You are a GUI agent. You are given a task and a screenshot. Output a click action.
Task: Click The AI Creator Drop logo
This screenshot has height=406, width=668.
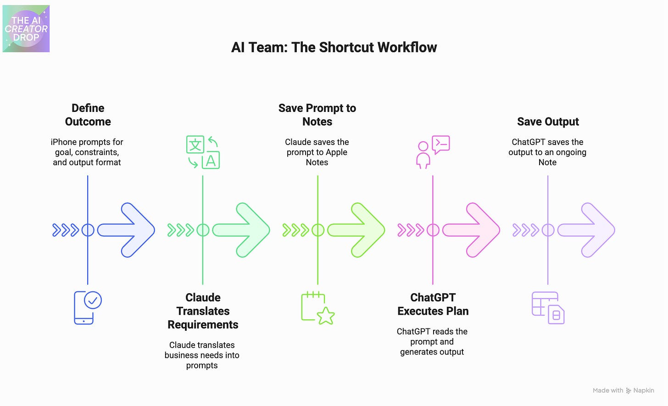coord(26,29)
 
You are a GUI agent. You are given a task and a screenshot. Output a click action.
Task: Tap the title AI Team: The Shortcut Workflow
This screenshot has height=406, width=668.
coord(334,47)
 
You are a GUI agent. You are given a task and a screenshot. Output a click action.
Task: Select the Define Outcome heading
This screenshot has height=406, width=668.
coord(88,115)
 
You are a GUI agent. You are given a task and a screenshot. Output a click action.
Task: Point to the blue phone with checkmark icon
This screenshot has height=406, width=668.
coord(88,307)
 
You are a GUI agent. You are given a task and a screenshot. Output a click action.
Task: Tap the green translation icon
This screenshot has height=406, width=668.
coord(203,152)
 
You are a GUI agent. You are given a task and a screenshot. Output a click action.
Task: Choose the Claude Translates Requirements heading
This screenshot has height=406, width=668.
coord(203,311)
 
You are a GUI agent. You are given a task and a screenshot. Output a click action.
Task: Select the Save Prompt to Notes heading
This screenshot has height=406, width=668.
coord(317,115)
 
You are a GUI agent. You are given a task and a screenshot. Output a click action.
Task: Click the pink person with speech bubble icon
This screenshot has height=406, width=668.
coord(433,152)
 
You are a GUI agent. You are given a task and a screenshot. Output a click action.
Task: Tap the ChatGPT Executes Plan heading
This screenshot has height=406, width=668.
coord(433,304)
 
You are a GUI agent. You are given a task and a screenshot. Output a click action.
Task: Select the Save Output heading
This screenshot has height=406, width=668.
coord(548,122)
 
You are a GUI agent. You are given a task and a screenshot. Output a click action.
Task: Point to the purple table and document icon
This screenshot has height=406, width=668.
coord(548,308)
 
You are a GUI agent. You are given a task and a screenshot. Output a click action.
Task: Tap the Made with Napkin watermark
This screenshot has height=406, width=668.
coord(623,390)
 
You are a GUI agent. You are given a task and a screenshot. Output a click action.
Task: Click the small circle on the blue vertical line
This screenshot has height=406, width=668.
coord(88,230)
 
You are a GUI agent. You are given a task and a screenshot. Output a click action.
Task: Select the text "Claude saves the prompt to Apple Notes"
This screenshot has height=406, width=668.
coord(317,152)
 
